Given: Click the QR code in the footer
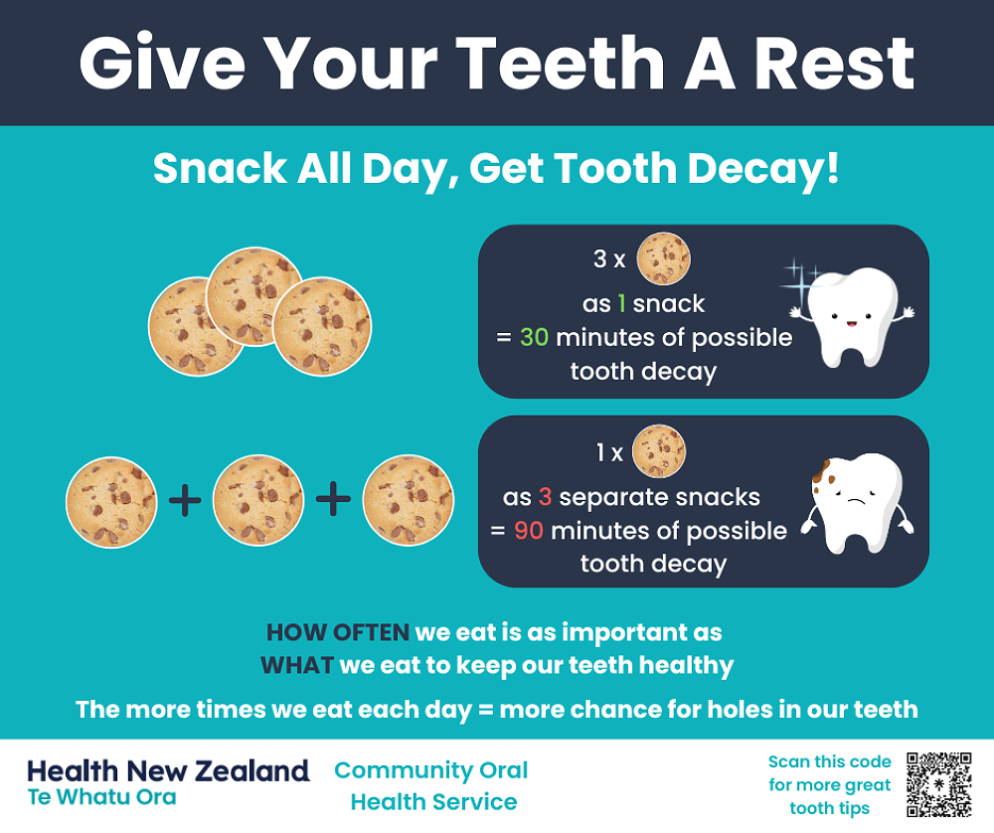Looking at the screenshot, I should (938, 784).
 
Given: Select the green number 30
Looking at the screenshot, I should (534, 337).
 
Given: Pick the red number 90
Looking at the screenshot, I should (528, 530).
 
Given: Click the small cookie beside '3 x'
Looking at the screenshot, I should (663, 259).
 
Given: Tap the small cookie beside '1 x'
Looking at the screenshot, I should (659, 452).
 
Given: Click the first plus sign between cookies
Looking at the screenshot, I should (185, 500).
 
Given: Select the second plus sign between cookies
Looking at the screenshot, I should (333, 500).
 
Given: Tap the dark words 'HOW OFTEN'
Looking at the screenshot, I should (337, 631).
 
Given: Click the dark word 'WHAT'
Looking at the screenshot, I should (296, 664).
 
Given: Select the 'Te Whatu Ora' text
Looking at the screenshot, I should (101, 797).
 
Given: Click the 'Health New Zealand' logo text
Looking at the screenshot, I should (168, 769).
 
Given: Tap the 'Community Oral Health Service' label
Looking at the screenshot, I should (432, 785).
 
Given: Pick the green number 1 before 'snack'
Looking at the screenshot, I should (622, 303).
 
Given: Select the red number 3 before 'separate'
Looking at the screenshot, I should (545, 497).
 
